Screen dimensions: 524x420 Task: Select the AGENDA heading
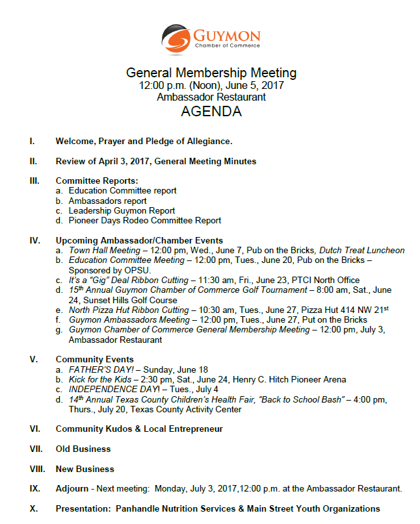pos(211,112)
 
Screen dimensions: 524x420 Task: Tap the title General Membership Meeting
pos(211,73)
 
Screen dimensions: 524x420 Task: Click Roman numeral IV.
pos(35,240)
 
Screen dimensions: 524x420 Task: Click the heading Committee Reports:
pos(97,181)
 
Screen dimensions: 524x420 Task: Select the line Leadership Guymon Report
pos(122,210)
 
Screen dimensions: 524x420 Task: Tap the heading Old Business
pos(83,449)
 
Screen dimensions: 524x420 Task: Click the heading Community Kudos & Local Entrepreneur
pos(139,429)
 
